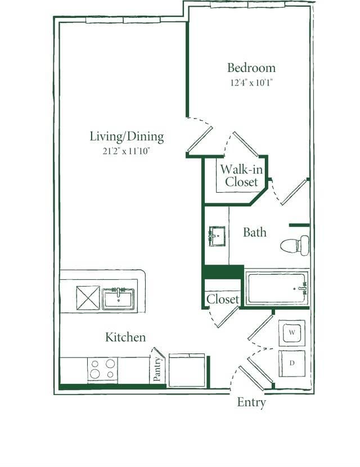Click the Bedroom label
pyautogui.click(x=251, y=68)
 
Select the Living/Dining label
pyautogui.click(x=127, y=137)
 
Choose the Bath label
pyautogui.click(x=255, y=232)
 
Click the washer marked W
pyautogui.click(x=292, y=333)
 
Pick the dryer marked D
pyautogui.click(x=292, y=363)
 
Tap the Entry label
pyautogui.click(x=251, y=402)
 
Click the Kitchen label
pyautogui.click(x=125, y=337)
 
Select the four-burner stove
pyautogui.click(x=102, y=370)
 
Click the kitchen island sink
pyautogui.click(x=118, y=298)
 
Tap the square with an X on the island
pyautogui.click(x=88, y=297)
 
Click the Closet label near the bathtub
pyautogui.click(x=223, y=300)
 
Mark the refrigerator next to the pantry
pyautogui.click(x=187, y=370)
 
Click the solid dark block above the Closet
pyautogui.click(x=223, y=273)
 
